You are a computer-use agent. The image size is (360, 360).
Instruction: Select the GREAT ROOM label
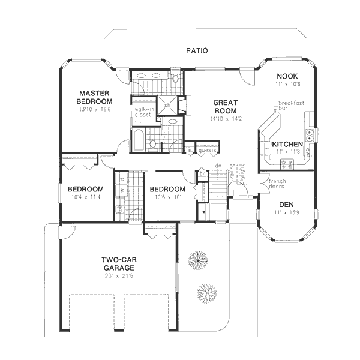[x=224, y=107]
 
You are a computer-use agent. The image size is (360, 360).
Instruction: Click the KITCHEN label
[x=287, y=145]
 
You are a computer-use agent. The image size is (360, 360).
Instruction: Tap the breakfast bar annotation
[x=291, y=106]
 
